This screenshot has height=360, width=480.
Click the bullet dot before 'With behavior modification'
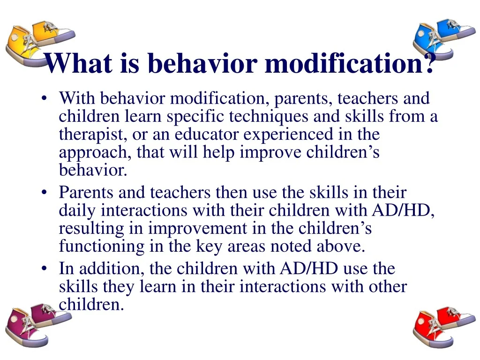(44, 99)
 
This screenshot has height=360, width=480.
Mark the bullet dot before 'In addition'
(44, 270)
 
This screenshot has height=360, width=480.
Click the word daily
(78, 211)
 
